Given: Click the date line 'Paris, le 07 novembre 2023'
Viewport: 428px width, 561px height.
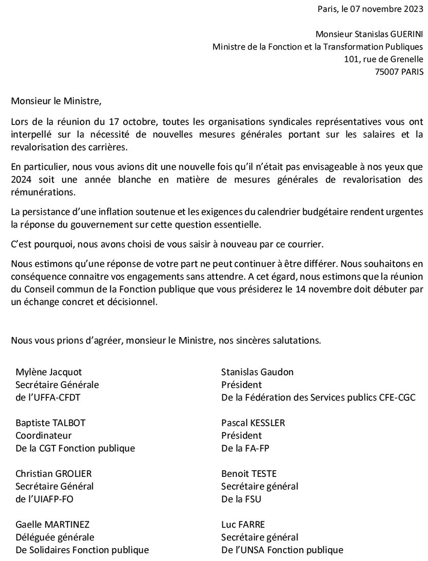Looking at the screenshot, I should (370, 9).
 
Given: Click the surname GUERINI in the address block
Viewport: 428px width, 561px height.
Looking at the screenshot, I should (405, 35).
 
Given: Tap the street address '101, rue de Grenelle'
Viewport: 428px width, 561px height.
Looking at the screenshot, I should (384, 60).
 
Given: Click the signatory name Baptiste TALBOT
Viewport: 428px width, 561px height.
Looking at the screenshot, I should (51, 423).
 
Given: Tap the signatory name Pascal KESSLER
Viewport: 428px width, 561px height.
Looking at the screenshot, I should (253, 423).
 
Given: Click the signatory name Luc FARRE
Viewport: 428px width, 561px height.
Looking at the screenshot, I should (243, 524).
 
